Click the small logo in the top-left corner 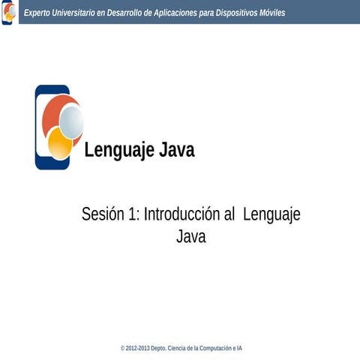[8, 12]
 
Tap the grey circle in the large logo [71, 121]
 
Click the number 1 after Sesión [133, 214]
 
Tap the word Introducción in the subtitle [182, 214]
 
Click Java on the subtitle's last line [190, 237]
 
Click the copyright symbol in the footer [122, 349]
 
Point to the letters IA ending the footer [239, 349]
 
